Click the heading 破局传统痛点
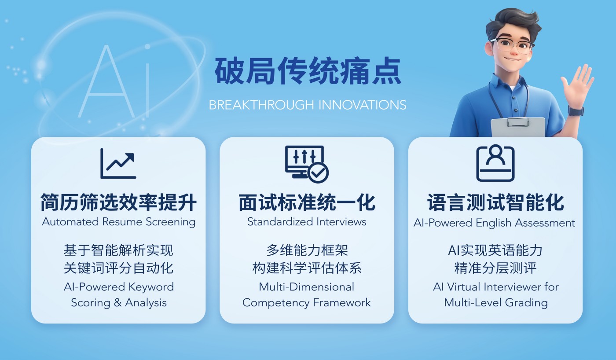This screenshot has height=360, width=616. tap(308, 71)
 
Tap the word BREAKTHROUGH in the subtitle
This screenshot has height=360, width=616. tap(261, 105)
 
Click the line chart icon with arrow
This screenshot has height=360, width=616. tap(118, 163)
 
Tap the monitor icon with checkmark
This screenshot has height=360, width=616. tap(307, 164)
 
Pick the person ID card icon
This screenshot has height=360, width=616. tap(495, 163)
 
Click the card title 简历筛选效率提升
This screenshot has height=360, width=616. tap(118, 202)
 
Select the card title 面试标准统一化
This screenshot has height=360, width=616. tap(307, 202)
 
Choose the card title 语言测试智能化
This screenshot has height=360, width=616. tap(495, 202)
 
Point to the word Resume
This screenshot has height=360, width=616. tap(122, 222)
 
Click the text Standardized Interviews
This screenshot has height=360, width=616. tap(307, 222)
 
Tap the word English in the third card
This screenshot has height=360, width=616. tap(494, 223)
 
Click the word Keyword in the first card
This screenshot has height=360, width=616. tap(151, 287)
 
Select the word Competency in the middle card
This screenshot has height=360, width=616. tap(276, 303)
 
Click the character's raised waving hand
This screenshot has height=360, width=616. tap(577, 84)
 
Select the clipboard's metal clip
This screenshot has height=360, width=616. tap(518, 122)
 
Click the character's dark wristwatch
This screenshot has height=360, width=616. tap(576, 110)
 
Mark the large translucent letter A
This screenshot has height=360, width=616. tap(106, 82)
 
